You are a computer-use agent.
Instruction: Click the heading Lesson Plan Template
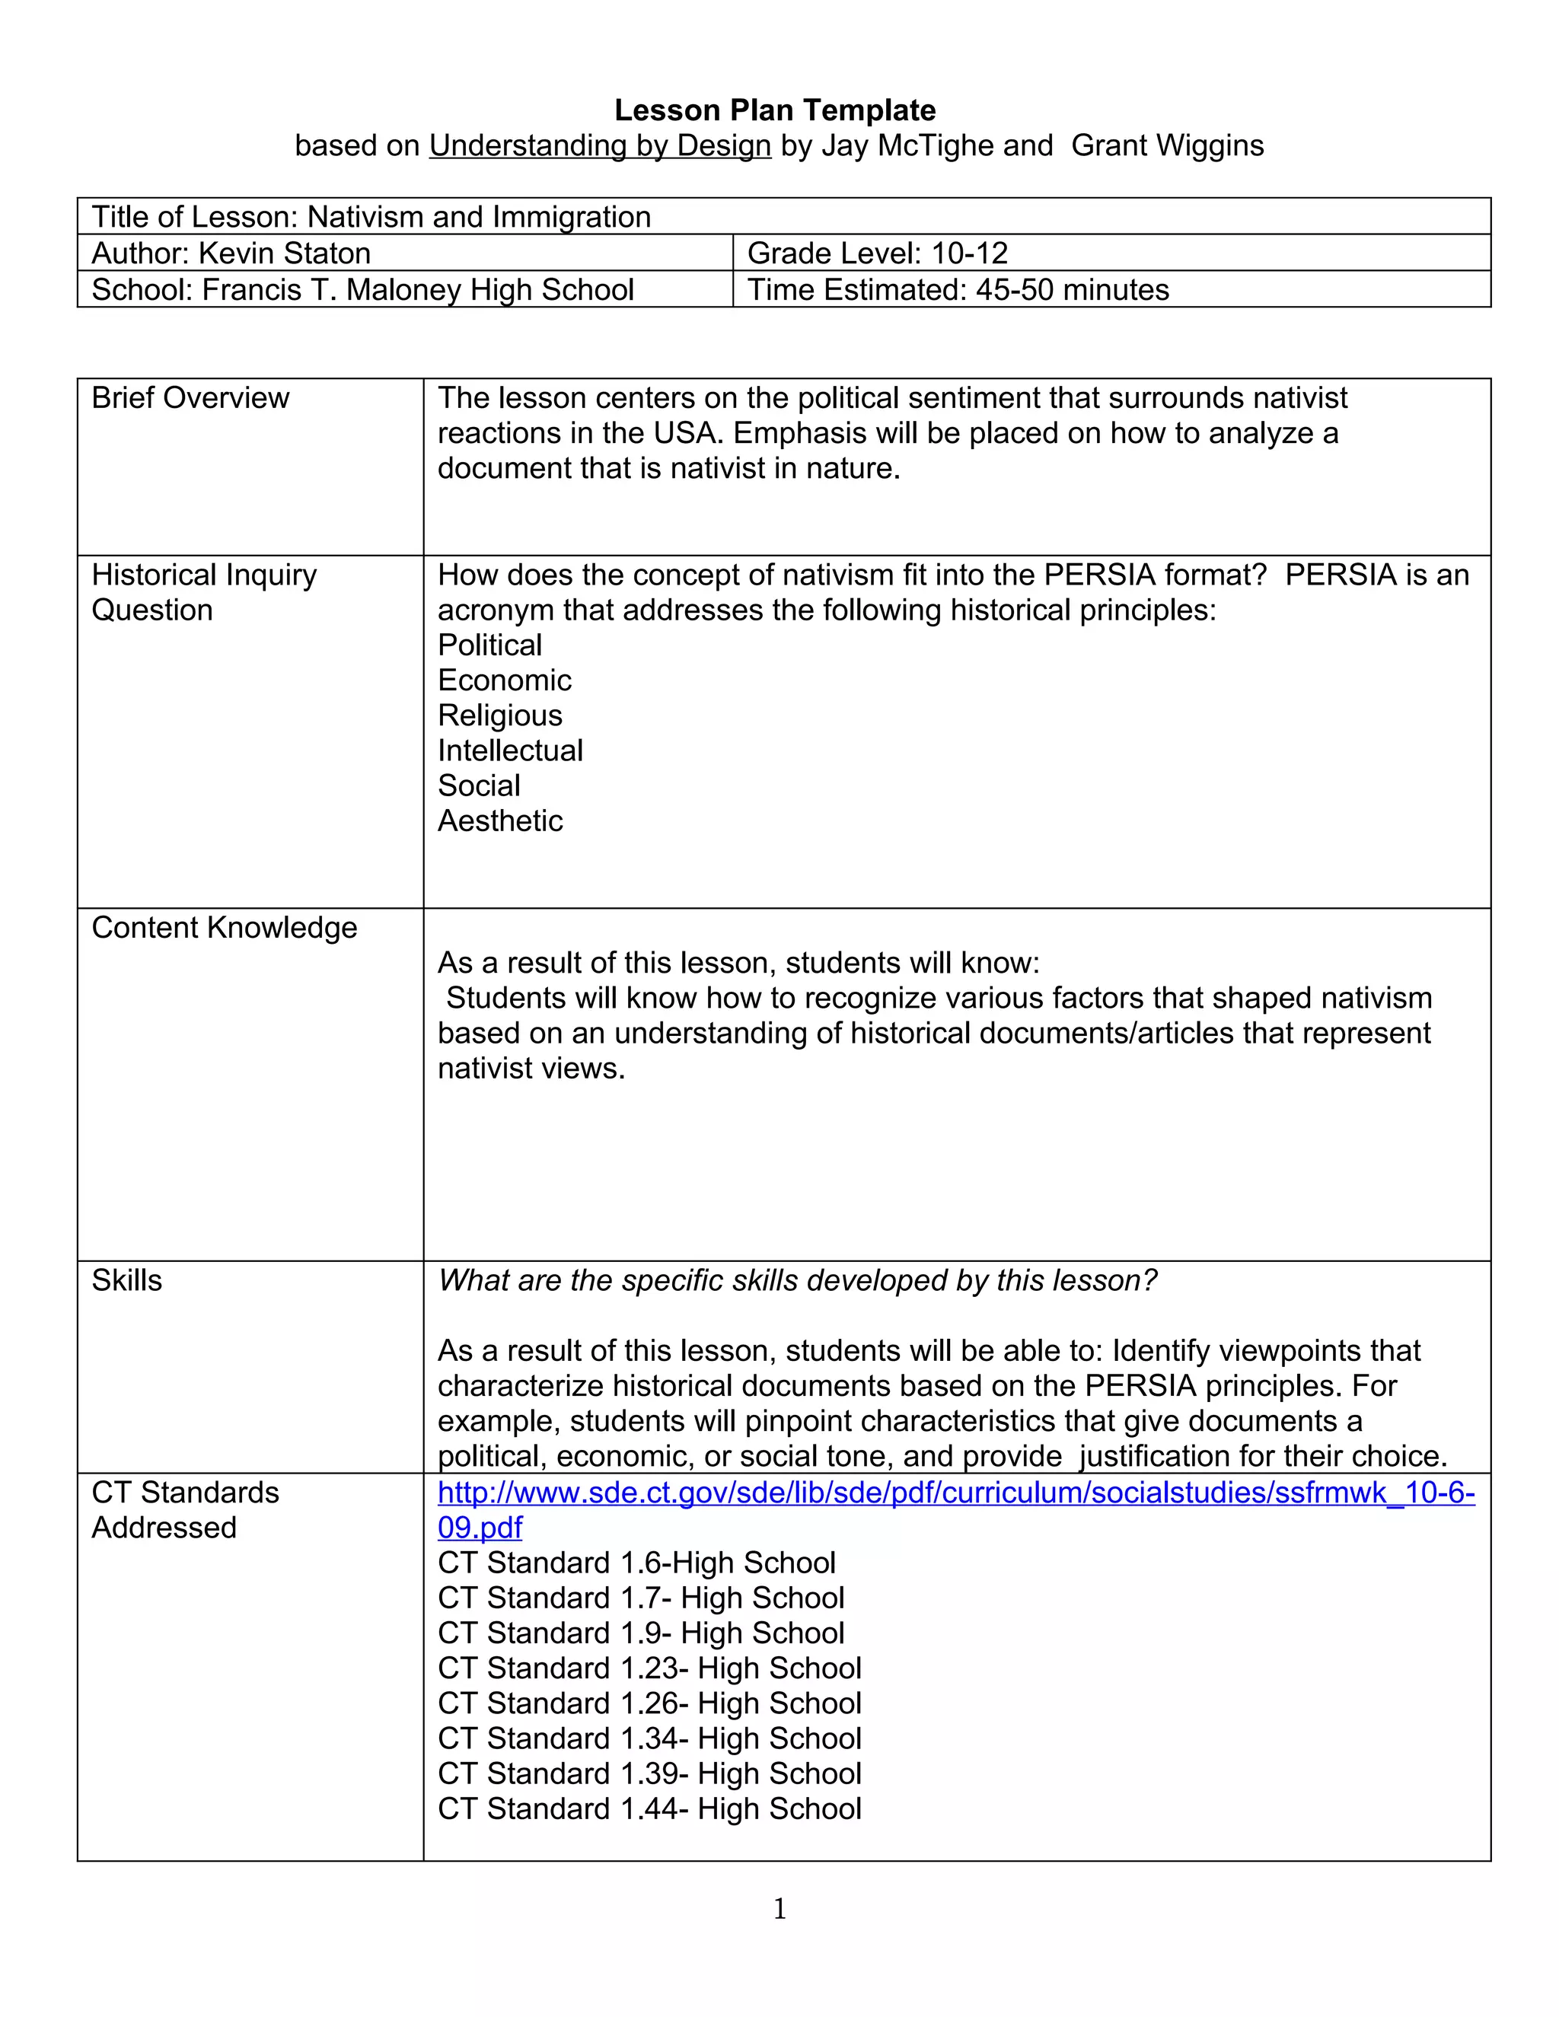[775, 111]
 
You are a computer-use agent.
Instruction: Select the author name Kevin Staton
[285, 253]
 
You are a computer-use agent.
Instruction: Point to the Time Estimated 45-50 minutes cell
[958, 290]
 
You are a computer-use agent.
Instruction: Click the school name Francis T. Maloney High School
[417, 290]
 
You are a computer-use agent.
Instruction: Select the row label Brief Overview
[190, 398]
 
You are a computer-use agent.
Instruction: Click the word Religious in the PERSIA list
[499, 715]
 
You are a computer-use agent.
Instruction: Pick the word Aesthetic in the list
[499, 821]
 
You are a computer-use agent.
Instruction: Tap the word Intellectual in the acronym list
[510, 750]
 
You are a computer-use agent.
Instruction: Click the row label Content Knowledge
[225, 928]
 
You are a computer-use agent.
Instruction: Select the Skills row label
[126, 1281]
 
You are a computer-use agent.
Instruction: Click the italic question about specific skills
[796, 1281]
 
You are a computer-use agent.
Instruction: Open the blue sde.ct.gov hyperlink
[955, 1493]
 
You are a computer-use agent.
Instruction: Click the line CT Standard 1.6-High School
[636, 1563]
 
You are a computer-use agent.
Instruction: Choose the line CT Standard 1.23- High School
[649, 1669]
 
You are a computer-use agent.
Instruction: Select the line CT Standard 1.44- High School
[649, 1809]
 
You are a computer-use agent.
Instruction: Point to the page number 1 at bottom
[779, 1909]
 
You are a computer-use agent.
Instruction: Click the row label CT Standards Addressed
[185, 1511]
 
